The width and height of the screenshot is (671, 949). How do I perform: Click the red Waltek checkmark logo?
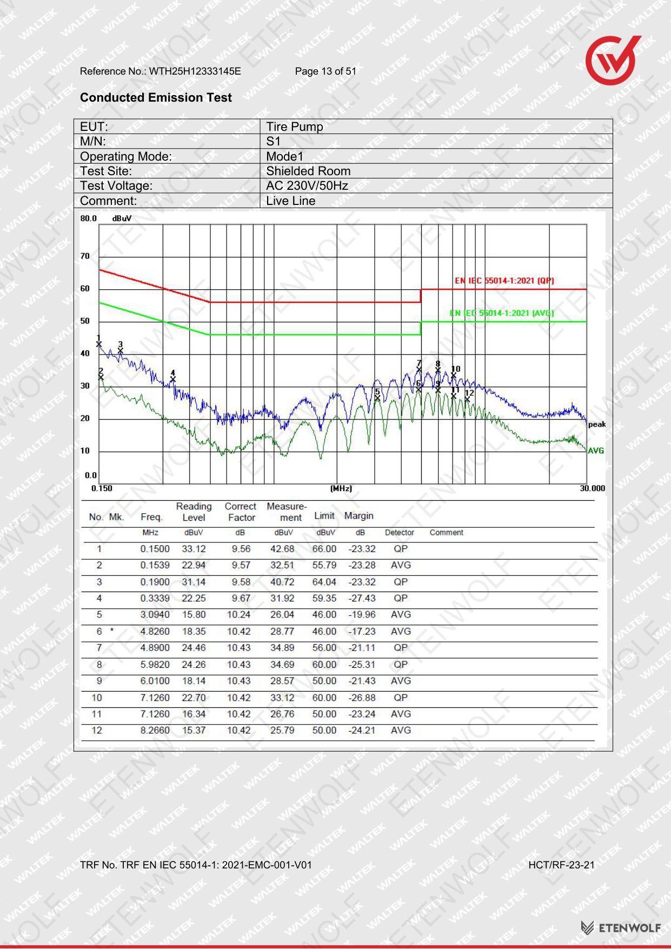pos(613,60)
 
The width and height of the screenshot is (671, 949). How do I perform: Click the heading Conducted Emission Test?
pos(156,97)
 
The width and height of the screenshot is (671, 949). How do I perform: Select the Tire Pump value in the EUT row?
pos(295,127)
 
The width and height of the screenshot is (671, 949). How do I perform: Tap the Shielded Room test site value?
pos(308,171)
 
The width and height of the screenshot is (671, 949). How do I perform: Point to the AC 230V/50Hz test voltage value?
pos(307,185)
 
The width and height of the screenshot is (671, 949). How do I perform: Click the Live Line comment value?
pos(291,201)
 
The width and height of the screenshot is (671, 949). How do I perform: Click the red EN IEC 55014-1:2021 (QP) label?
pos(504,281)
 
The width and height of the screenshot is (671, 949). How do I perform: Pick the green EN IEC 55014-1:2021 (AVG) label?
pos(502,313)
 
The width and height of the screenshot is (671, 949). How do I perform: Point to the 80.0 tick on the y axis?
pos(89,218)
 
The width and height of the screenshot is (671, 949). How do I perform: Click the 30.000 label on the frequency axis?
pos(593,488)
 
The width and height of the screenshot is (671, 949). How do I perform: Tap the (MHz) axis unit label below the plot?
pos(341,488)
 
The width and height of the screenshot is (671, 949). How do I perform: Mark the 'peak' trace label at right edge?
pos(597,424)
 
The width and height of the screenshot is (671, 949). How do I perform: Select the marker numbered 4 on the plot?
pos(173,377)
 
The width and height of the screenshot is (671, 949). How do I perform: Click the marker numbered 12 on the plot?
pos(468,396)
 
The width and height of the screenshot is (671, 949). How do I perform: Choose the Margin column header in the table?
pos(359,516)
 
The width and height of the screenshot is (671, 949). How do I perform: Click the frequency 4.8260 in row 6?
pos(155,632)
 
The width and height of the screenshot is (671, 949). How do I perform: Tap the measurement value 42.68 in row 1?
pos(282,549)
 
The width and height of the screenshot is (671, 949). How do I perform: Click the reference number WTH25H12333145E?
pos(195,71)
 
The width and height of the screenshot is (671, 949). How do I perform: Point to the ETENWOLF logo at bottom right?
pos(621,928)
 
